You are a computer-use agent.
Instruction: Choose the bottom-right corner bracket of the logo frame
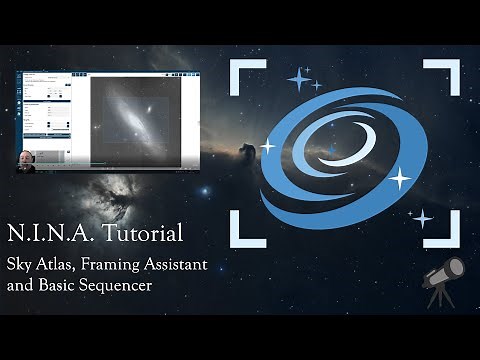coord(441,233)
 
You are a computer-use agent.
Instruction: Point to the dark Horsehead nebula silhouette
coord(244,155)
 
